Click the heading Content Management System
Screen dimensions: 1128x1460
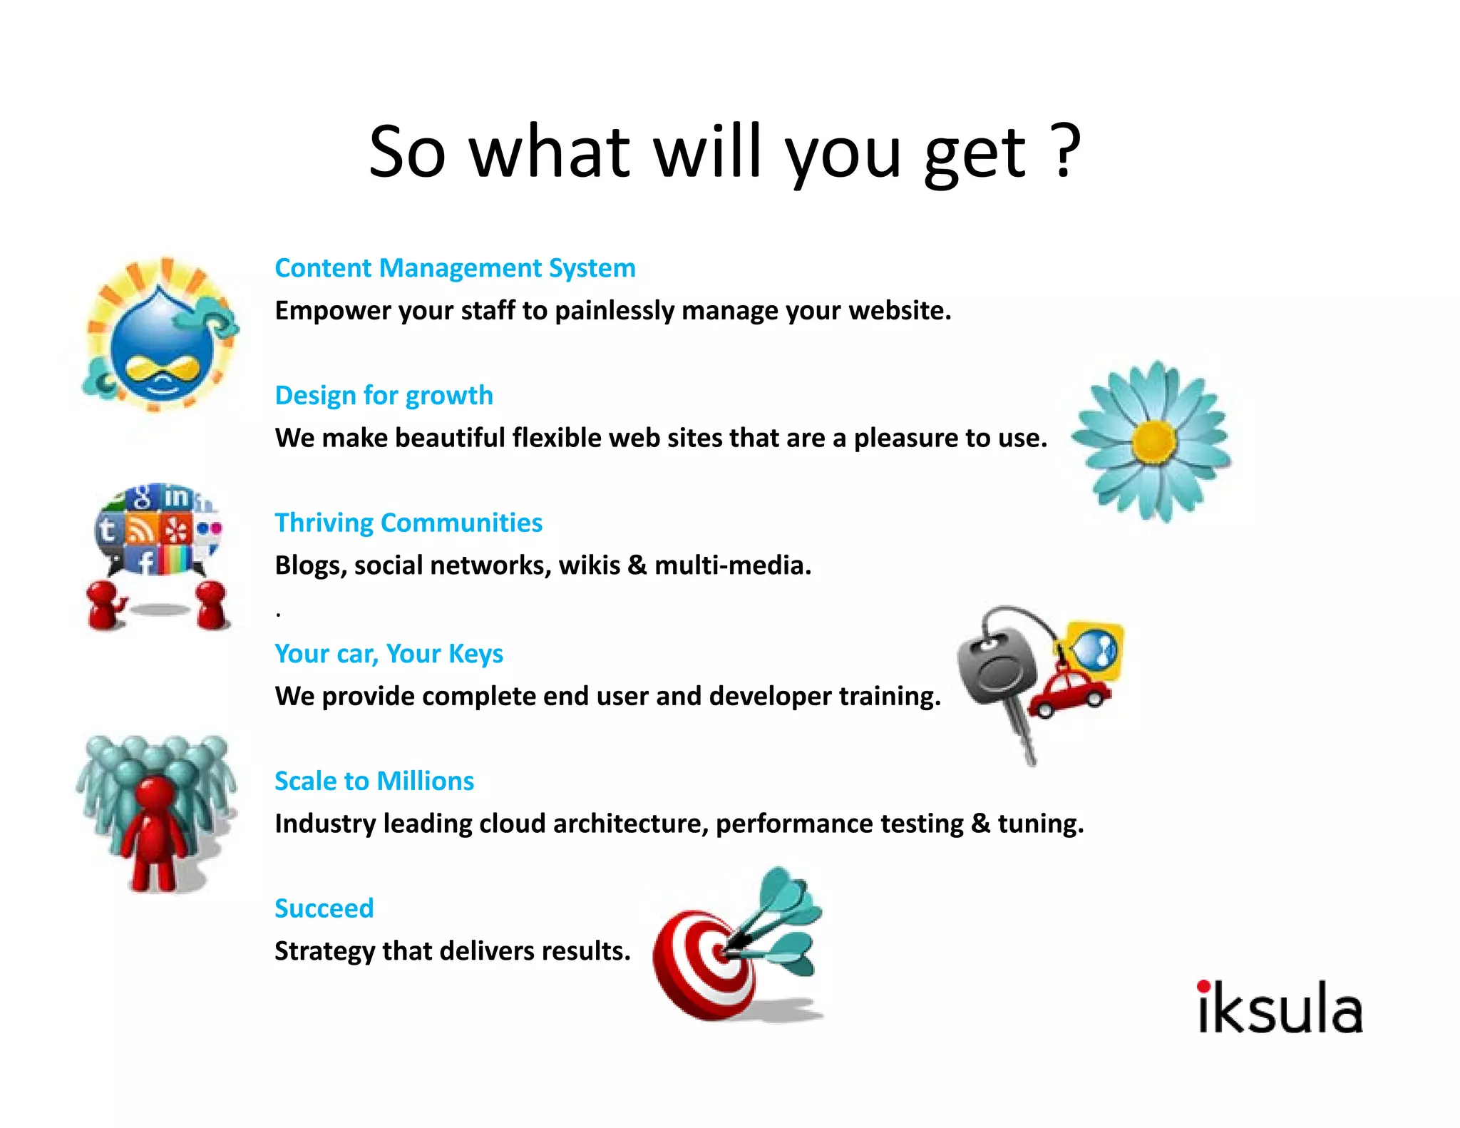pyautogui.click(x=455, y=268)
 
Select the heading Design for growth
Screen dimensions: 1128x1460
pyautogui.click(x=384, y=395)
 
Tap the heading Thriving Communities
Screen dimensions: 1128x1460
pyautogui.click(x=408, y=523)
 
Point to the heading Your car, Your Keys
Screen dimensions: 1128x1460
pyautogui.click(x=389, y=653)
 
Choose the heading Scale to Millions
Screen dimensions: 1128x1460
pyautogui.click(x=374, y=781)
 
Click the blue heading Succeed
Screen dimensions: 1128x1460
pyautogui.click(x=324, y=908)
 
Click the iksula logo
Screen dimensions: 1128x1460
pyautogui.click(x=1280, y=1007)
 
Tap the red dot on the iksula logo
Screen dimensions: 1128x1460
pyautogui.click(x=1203, y=986)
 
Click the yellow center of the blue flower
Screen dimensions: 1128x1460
pyautogui.click(x=1153, y=441)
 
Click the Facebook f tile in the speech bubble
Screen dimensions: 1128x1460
pyautogui.click(x=145, y=563)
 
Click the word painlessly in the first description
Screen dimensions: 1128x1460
pyautogui.click(x=615, y=311)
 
